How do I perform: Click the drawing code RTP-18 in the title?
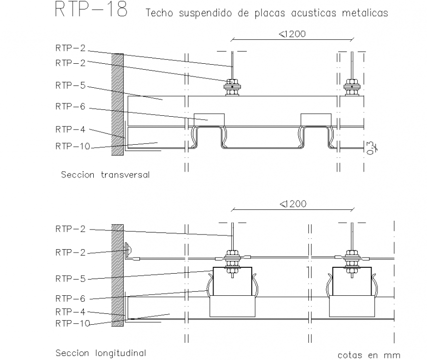[x=91, y=10]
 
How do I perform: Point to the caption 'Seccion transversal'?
[x=105, y=175]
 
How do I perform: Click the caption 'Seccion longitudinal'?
[x=101, y=353]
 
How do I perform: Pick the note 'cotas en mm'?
[x=369, y=355]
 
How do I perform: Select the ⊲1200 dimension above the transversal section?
[x=292, y=34]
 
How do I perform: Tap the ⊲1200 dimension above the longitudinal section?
[x=292, y=204]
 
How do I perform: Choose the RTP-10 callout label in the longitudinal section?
[x=73, y=323]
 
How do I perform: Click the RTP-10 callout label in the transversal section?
[x=73, y=146]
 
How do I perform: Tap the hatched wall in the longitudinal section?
[x=117, y=275]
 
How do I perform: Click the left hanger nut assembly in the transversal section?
[x=232, y=87]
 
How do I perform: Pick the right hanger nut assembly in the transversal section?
[x=351, y=87]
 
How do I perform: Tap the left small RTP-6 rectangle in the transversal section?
[x=209, y=119]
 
